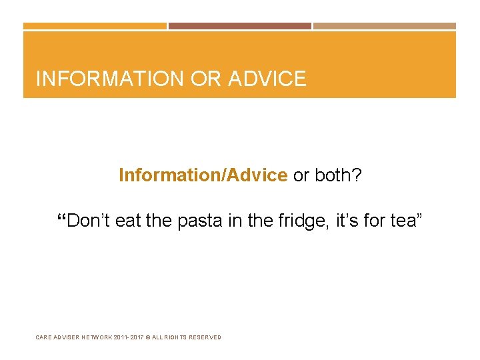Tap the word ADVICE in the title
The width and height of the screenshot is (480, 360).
tap(267, 79)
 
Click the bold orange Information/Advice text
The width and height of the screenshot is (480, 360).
tap(203, 175)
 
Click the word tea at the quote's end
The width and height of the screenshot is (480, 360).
tap(403, 221)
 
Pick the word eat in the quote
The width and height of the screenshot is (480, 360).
tap(129, 221)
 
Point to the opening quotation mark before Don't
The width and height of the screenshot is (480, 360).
tap(62, 218)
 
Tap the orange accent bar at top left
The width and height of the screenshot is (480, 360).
tap(95, 26)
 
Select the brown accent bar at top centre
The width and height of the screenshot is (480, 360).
tap(240, 26)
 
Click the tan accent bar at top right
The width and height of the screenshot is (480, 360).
tap(385, 26)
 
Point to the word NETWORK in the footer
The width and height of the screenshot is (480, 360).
tap(97, 337)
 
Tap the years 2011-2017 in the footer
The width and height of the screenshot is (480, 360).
tap(136, 337)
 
